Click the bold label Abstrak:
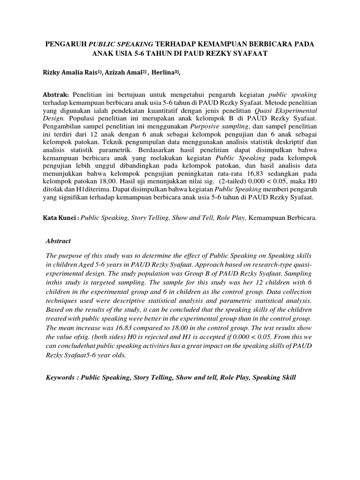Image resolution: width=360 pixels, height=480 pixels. tap(56, 94)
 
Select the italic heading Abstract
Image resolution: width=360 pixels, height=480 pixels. tap(58, 241)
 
